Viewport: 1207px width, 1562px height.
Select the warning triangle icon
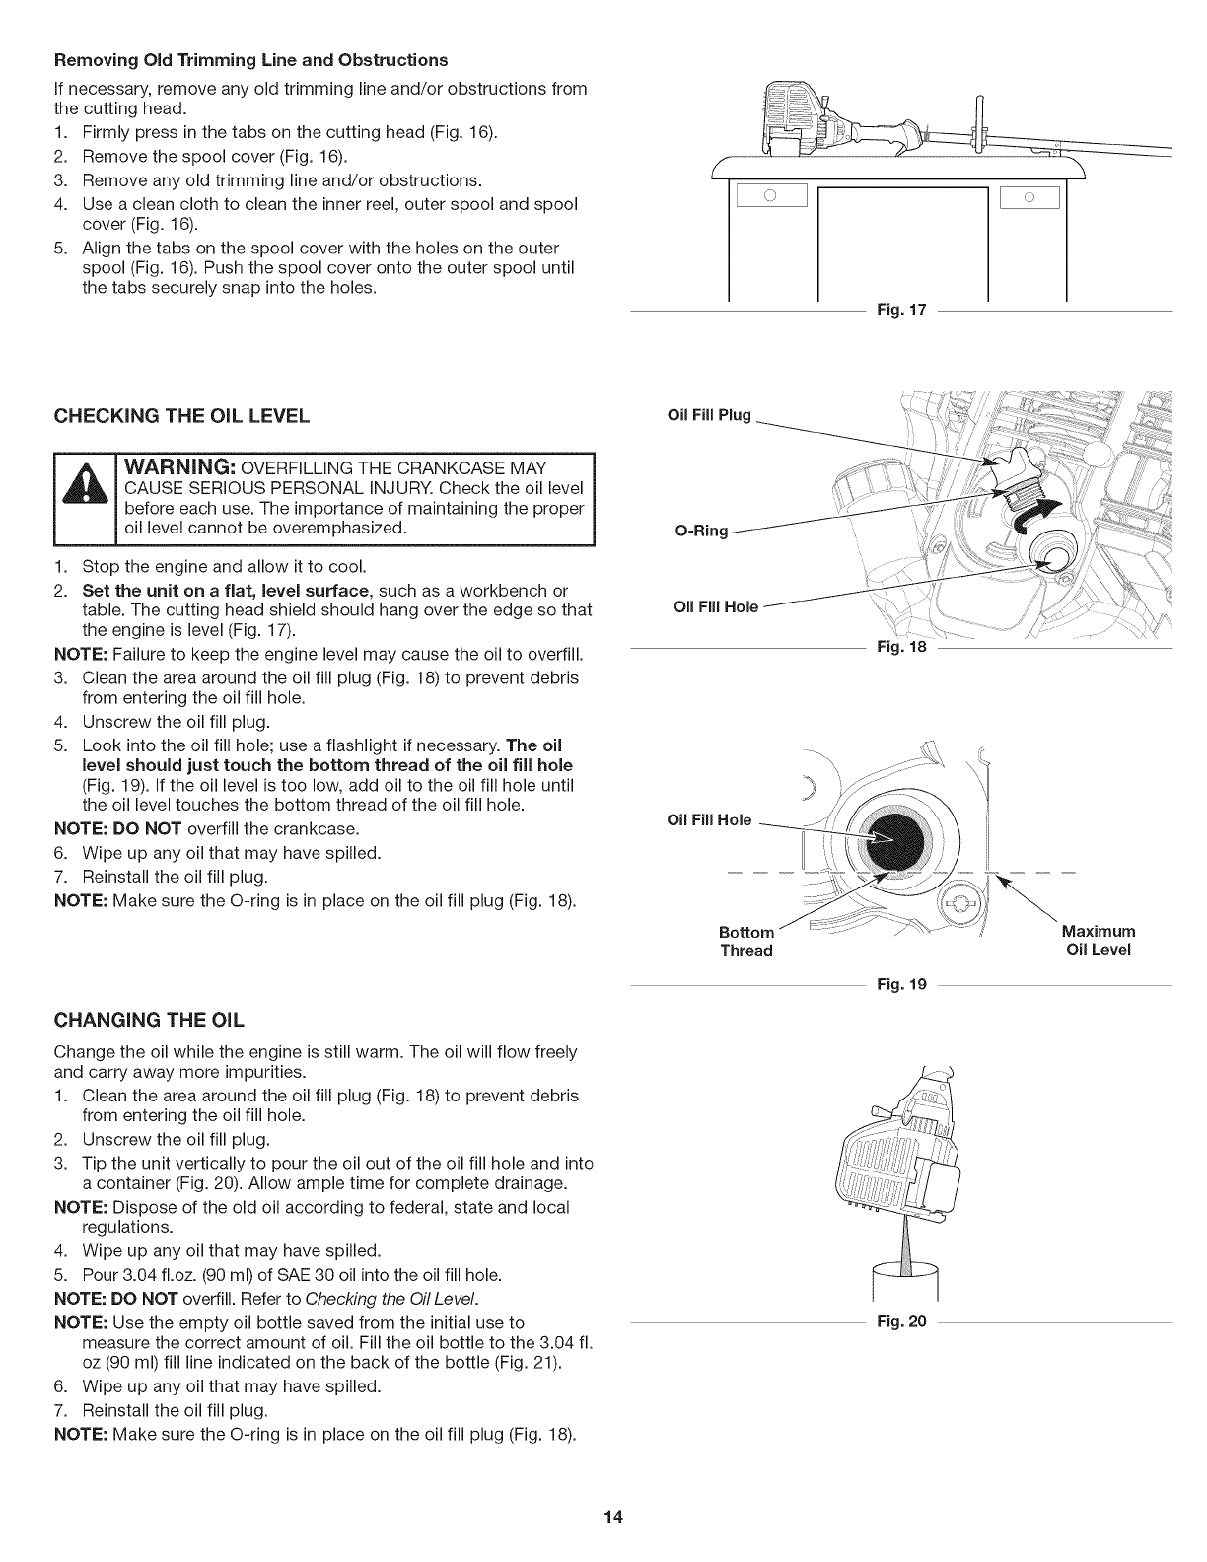click(87, 501)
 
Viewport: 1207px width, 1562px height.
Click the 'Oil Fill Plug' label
click(709, 415)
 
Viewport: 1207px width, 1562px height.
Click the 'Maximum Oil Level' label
click(1099, 941)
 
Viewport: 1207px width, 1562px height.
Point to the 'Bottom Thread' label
click(746, 941)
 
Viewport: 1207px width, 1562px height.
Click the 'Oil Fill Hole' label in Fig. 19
click(709, 819)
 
